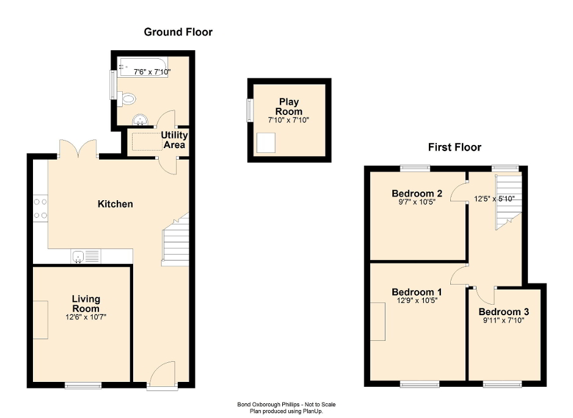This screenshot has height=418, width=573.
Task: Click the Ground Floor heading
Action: [178, 32]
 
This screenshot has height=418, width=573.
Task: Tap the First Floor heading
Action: [454, 147]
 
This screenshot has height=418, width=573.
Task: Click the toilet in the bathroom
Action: [127, 99]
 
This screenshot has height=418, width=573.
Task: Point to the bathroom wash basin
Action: [141, 120]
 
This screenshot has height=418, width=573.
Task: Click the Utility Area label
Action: [174, 140]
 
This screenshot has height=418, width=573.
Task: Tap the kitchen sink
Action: [85, 256]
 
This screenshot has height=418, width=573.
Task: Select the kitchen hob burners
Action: [41, 208]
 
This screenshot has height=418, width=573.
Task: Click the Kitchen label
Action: [115, 204]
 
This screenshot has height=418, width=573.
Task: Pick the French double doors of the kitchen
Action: [78, 149]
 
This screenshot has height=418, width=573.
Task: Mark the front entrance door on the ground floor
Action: [163, 375]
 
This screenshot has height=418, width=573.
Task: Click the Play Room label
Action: [289, 106]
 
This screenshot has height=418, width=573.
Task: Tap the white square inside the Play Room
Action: [266, 143]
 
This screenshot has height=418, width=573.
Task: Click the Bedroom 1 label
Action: [414, 291]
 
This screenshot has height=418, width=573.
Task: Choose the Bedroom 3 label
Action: [504, 312]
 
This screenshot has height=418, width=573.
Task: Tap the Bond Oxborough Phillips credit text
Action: [286, 405]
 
